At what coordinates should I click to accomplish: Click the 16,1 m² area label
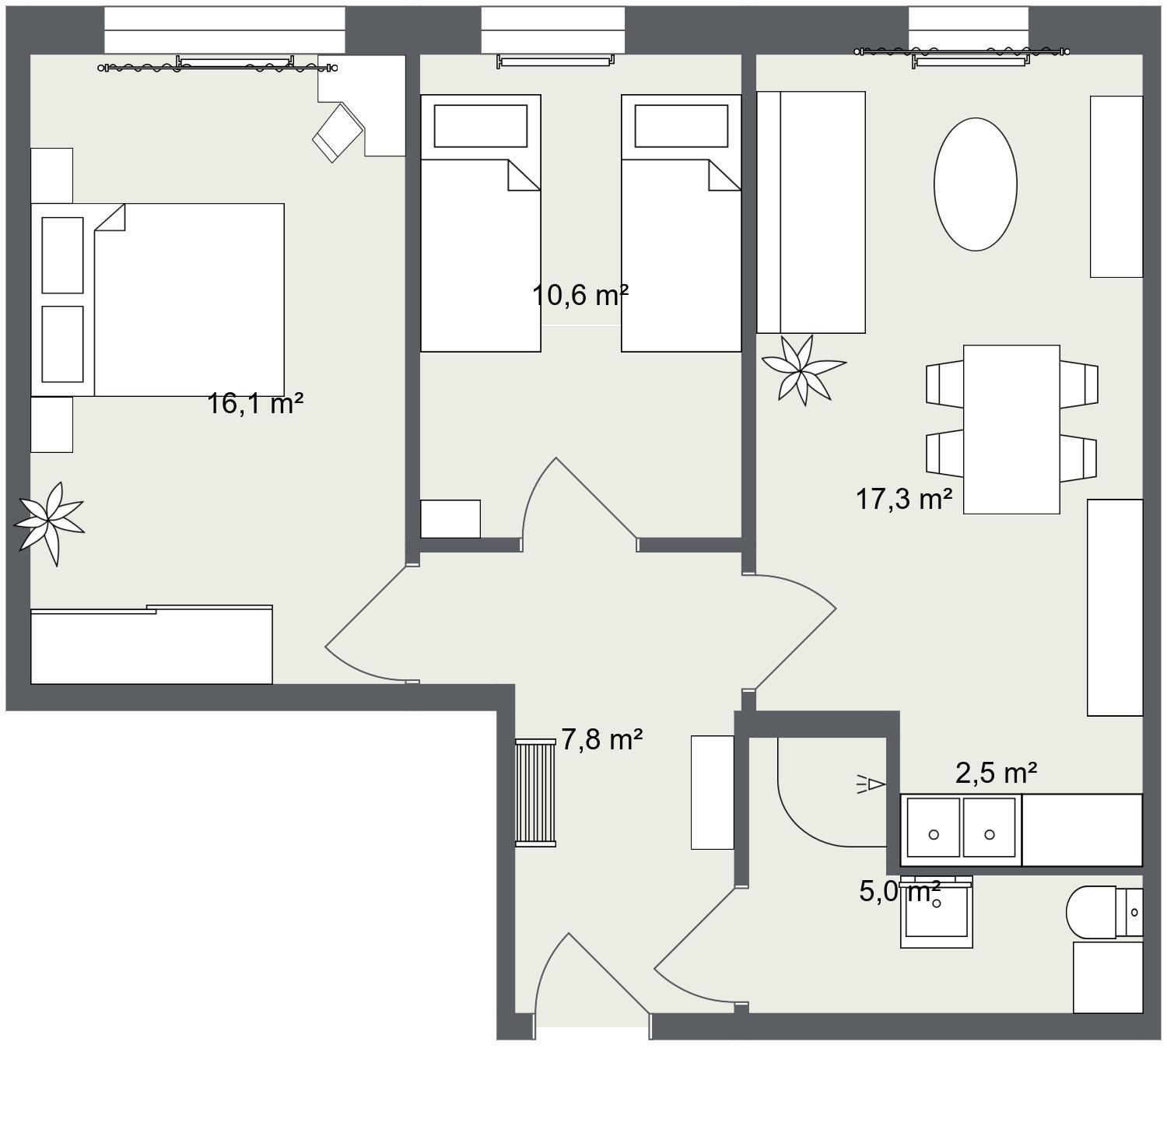click(x=255, y=403)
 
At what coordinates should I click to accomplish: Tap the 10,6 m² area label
click(x=580, y=295)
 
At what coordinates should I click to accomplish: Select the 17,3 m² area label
click(x=904, y=498)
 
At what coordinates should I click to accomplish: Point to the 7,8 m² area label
click(x=601, y=738)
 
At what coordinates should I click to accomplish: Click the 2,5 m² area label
click(x=996, y=773)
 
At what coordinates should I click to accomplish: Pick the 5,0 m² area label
click(x=900, y=891)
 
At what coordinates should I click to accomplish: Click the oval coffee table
click(x=975, y=184)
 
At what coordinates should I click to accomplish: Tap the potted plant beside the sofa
click(x=803, y=370)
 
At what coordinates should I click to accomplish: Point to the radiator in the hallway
click(x=535, y=793)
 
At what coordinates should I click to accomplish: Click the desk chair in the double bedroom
click(x=338, y=132)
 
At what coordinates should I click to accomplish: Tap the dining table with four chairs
click(x=1011, y=430)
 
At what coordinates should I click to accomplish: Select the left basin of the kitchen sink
click(x=934, y=828)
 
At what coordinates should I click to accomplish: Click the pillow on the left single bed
click(x=480, y=126)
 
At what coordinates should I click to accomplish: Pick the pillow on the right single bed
click(x=681, y=126)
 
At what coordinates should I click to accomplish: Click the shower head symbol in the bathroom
click(x=872, y=784)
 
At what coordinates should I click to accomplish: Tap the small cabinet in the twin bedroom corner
click(x=450, y=518)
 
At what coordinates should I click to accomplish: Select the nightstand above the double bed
click(x=51, y=176)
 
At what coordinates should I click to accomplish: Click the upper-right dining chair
click(x=1079, y=384)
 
